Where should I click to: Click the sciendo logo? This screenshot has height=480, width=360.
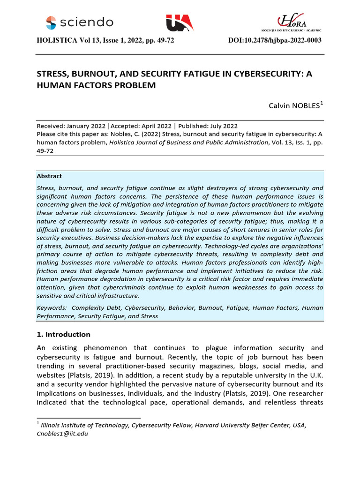80,22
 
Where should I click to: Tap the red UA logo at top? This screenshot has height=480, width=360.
179,23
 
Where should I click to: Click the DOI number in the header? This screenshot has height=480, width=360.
275,41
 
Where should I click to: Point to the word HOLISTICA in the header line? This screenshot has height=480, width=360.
57,41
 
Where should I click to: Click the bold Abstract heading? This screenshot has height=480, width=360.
49,176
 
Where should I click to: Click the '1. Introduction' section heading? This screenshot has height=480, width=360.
63,335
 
